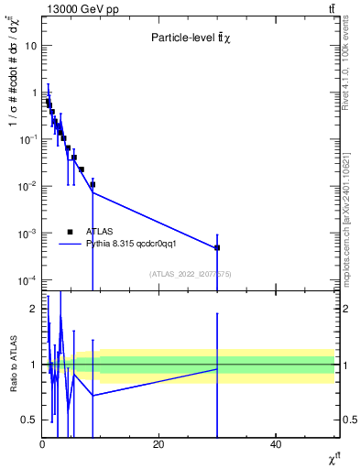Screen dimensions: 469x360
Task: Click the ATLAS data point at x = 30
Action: tap(217, 247)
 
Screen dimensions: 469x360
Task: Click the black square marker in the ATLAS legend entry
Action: tap(69, 232)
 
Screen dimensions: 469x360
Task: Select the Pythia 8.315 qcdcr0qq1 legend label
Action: tap(125, 245)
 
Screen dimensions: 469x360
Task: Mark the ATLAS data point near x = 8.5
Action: tap(93, 184)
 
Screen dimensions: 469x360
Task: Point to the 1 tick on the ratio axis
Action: tap(35, 365)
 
